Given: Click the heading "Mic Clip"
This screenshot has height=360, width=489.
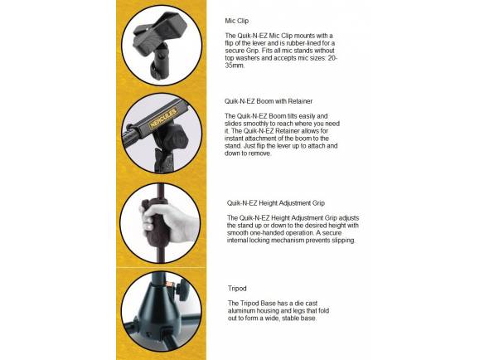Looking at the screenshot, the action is pyautogui.click(x=237, y=21).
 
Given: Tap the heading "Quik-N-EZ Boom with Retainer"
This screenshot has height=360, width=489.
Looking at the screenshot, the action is pyautogui.click(x=269, y=101).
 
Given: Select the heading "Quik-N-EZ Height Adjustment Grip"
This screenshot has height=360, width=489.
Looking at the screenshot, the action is pyautogui.click(x=276, y=203).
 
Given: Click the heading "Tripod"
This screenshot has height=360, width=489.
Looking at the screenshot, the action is pyautogui.click(x=237, y=288).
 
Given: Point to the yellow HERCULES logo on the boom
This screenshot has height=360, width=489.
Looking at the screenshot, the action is pyautogui.click(x=162, y=118).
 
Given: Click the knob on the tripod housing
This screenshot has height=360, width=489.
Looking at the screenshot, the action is pyautogui.click(x=182, y=289).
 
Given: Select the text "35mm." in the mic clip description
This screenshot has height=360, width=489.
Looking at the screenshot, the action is pyautogui.click(x=235, y=66).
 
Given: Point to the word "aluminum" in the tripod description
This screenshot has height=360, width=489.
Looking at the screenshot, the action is pyautogui.click(x=241, y=311).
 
